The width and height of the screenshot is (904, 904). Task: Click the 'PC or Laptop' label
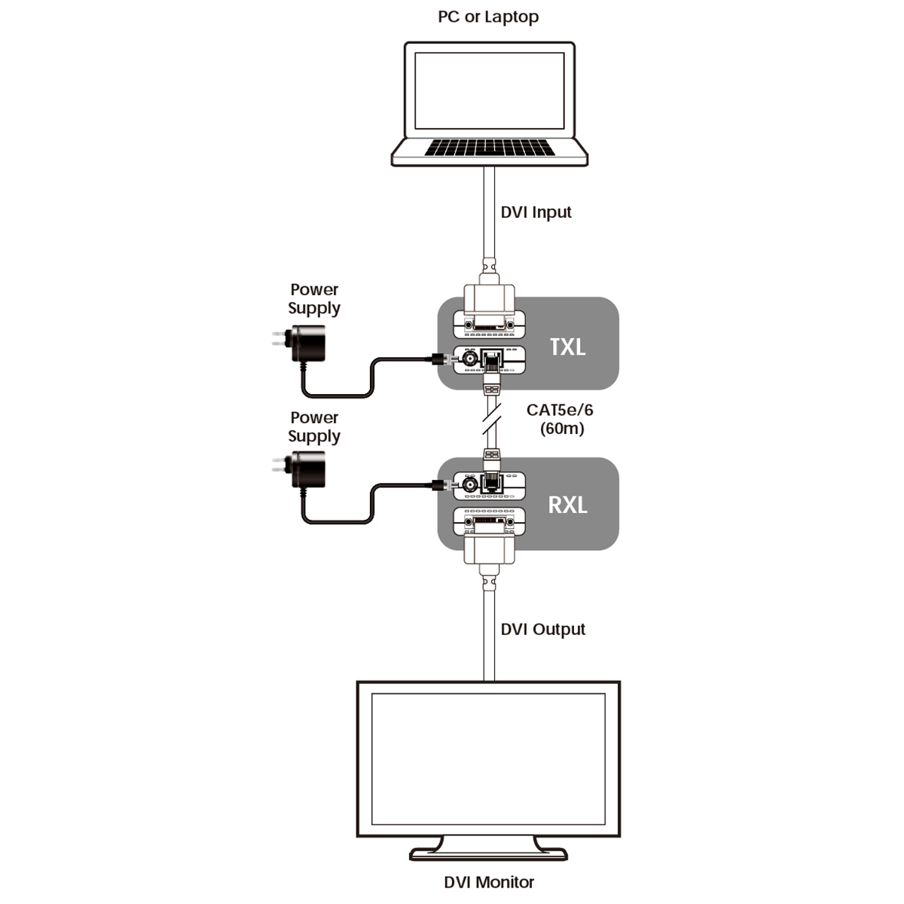click(488, 17)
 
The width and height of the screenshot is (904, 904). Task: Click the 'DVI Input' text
click(536, 212)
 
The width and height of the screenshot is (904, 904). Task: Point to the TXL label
click(567, 347)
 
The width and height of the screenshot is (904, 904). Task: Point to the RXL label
click(567, 504)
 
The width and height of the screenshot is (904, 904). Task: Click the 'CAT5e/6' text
click(560, 410)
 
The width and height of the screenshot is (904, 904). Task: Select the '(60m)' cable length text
click(562, 429)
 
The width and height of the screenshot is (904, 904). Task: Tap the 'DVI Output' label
click(542, 629)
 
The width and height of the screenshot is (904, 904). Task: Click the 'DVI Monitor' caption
click(489, 882)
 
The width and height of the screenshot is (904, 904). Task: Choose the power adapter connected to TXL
click(306, 344)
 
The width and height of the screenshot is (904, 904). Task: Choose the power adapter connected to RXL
click(306, 472)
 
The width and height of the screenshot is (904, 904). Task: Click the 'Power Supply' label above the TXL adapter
click(314, 299)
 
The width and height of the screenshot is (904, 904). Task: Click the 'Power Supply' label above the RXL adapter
click(314, 427)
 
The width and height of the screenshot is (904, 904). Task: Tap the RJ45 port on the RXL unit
click(493, 482)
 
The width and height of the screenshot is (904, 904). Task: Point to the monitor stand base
click(488, 854)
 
